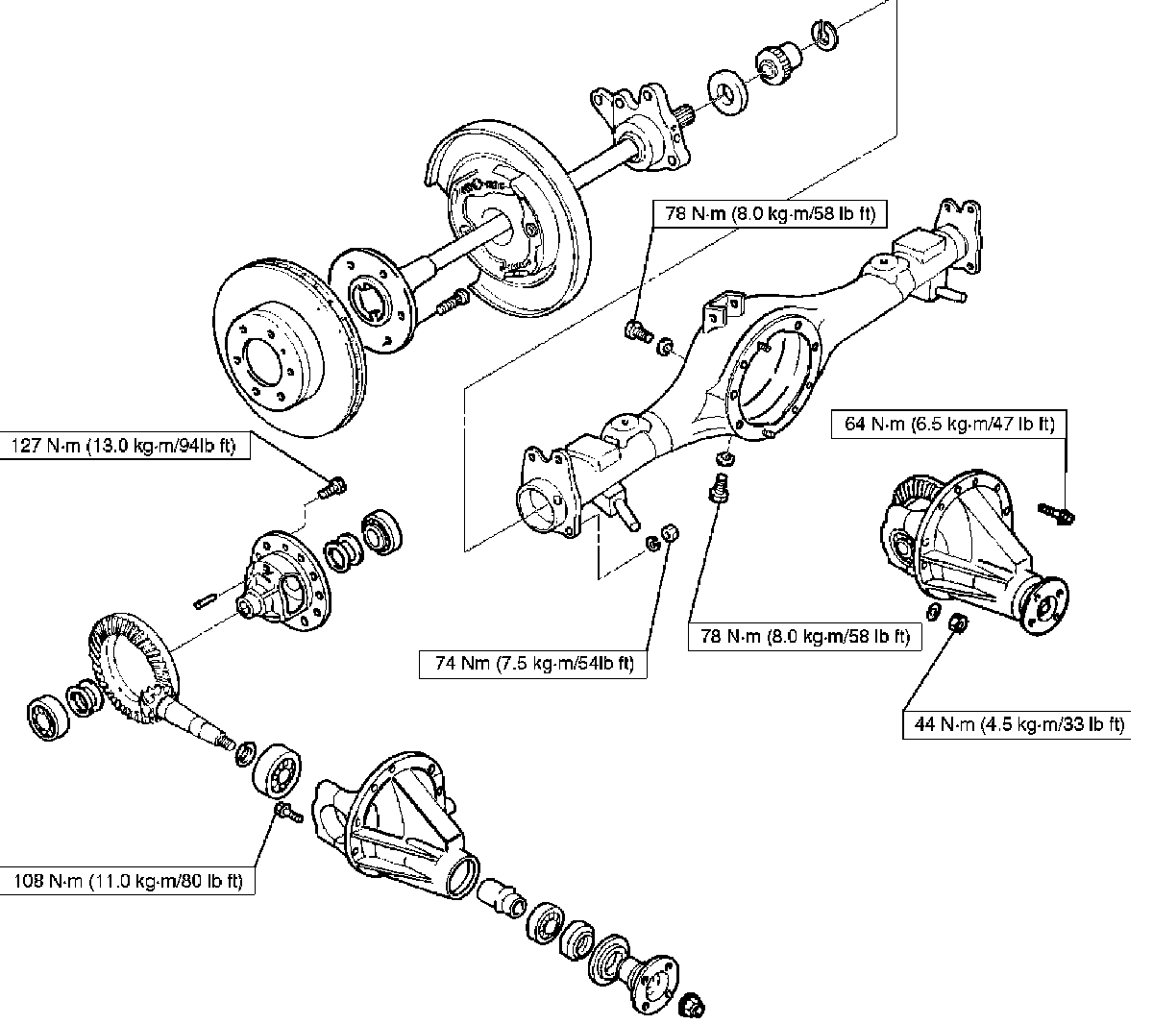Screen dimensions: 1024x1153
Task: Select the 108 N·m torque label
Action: pos(128,880)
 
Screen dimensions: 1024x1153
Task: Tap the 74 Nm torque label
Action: pos(532,664)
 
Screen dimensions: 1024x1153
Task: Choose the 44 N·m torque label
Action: pos(1017,724)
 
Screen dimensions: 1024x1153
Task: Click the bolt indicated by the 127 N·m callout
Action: pos(332,486)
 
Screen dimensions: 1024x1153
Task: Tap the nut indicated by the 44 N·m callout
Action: pos(957,625)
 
